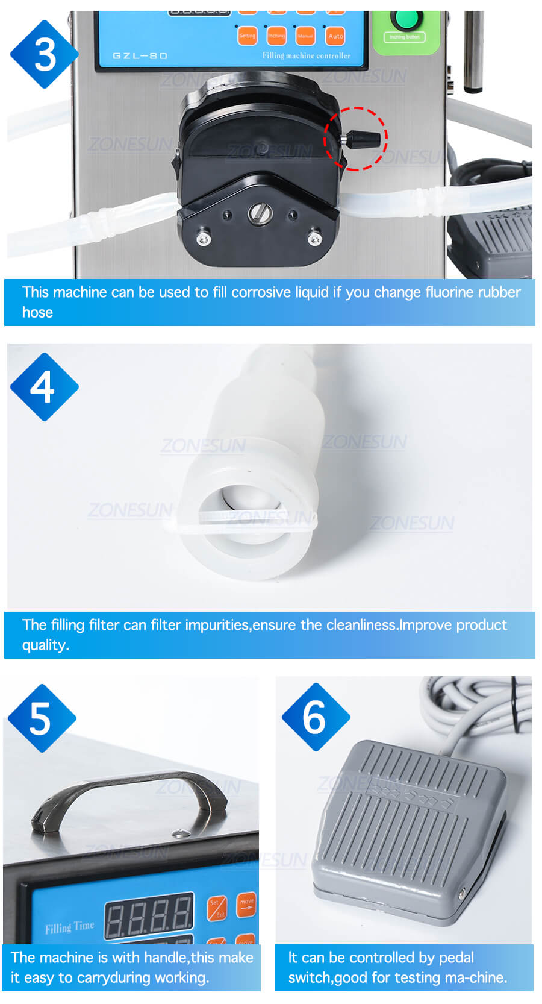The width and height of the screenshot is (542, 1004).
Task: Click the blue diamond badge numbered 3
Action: [44, 54]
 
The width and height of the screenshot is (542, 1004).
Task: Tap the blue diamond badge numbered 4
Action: [44, 387]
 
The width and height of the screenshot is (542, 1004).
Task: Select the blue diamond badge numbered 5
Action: [42, 718]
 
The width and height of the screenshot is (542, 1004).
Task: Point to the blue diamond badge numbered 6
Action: [316, 717]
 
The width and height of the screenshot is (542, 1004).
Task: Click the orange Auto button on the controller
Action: [335, 36]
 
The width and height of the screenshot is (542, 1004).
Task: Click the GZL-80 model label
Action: [140, 56]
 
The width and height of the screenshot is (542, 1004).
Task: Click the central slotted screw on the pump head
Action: [260, 213]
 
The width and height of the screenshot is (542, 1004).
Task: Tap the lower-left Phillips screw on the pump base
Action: [204, 239]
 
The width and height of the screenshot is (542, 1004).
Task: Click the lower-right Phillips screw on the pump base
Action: [315, 239]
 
